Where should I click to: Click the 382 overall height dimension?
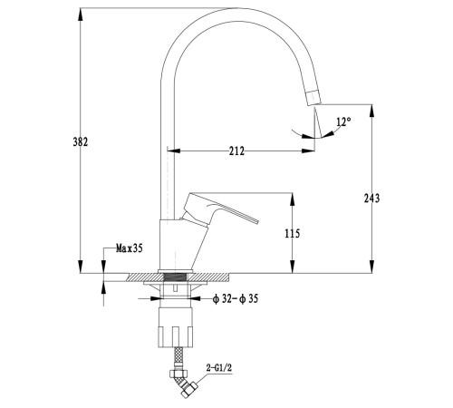pos(81,141)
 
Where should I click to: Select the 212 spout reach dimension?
pos(236,151)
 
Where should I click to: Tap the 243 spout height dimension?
pos(371,199)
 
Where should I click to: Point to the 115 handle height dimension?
pos(293,233)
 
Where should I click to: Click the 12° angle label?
pos(343,121)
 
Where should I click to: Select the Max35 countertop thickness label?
pos(130,248)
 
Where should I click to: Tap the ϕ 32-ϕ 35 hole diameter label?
pos(236,299)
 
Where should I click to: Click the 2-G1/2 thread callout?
pos(219,368)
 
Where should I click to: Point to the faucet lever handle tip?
pos(257,221)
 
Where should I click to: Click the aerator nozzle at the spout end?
pos(313,97)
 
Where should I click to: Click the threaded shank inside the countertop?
pos(176,277)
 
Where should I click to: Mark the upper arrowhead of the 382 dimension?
pos(81,15)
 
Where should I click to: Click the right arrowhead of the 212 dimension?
pos(308,151)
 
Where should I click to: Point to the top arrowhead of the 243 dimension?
pos(371,111)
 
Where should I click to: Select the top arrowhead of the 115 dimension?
pos(292,199)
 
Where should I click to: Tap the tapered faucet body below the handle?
pos(182,245)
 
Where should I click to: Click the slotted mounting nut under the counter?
pos(176,327)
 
